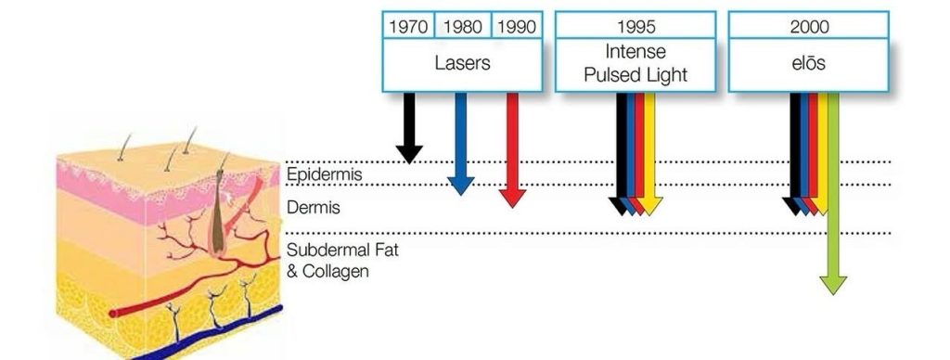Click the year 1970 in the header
[408, 26]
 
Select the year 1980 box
[462, 26]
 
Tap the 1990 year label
[517, 26]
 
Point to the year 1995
[635, 26]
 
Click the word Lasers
[462, 65]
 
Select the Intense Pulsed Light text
[635, 62]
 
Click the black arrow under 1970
[408, 130]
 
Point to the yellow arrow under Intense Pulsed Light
[650, 158]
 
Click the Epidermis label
[324, 174]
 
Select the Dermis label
[314, 208]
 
